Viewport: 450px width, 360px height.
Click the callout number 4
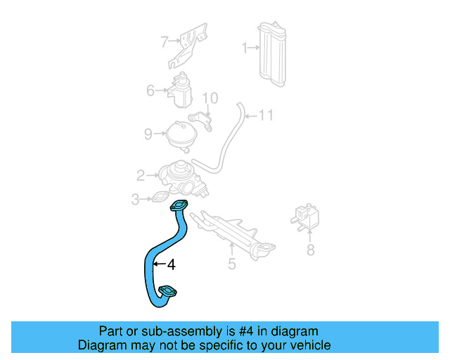tap(170, 265)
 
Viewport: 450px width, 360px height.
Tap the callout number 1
tap(245, 49)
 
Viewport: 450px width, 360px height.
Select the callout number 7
tap(164, 41)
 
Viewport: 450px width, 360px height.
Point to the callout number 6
tap(150, 91)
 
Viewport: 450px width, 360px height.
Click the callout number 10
tap(210, 98)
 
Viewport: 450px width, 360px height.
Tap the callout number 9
tap(148, 134)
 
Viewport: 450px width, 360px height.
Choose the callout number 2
tap(141, 175)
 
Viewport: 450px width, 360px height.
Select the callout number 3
tap(135, 200)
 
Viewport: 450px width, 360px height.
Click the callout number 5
tap(231, 265)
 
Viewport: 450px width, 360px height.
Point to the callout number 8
tap(310, 250)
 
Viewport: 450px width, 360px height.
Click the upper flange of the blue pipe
tap(179, 206)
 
